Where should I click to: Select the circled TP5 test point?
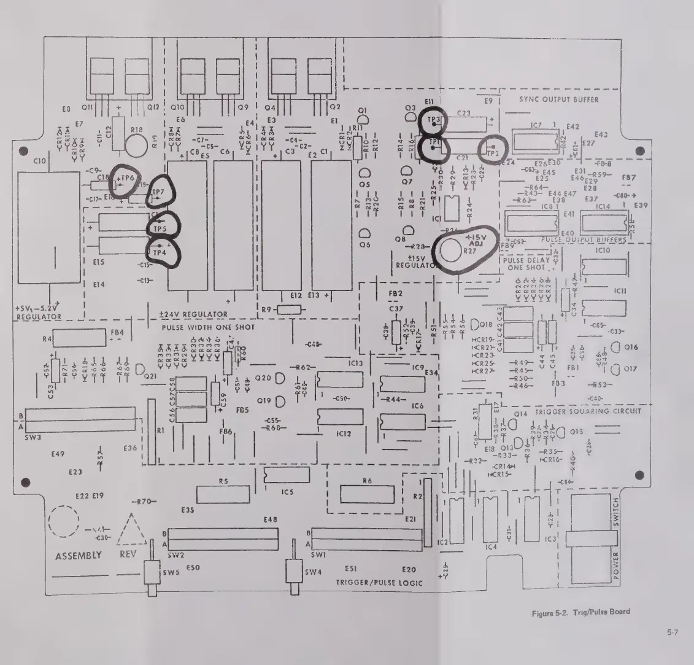click(161, 227)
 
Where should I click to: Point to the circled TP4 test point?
click(160, 252)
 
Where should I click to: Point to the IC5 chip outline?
click(286, 475)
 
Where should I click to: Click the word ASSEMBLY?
click(78, 556)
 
